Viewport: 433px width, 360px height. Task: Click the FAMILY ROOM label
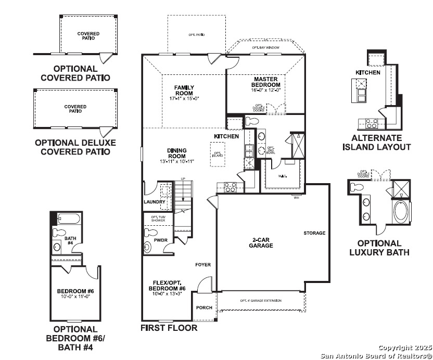pyautogui.click(x=184, y=90)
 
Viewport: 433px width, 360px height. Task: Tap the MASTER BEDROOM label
pyautogui.click(x=265, y=82)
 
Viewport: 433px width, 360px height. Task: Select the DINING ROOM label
pyautogui.click(x=177, y=153)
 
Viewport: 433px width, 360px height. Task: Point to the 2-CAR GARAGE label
pyautogui.click(x=261, y=243)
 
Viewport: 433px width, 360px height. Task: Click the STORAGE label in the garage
pyautogui.click(x=314, y=233)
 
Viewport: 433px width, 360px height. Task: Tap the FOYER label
pyautogui.click(x=203, y=265)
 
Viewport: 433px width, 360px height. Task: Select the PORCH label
pyautogui.click(x=204, y=307)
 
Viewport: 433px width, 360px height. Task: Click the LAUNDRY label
pyautogui.click(x=155, y=202)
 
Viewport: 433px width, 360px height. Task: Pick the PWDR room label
pyautogui.click(x=161, y=240)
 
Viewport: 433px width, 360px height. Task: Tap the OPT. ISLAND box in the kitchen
pyautogui.click(x=218, y=155)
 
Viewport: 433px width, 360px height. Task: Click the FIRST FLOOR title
pyautogui.click(x=169, y=328)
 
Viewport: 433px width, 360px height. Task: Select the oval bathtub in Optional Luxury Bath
pyautogui.click(x=401, y=213)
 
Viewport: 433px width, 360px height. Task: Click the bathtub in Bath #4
pyautogui.click(x=67, y=218)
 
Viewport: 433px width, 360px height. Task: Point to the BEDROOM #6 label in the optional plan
pyautogui.click(x=75, y=291)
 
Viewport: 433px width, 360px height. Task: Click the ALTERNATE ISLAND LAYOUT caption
pyautogui.click(x=376, y=143)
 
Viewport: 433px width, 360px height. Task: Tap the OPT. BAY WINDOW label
pyautogui.click(x=265, y=47)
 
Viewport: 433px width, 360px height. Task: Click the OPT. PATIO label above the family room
pyautogui.click(x=196, y=35)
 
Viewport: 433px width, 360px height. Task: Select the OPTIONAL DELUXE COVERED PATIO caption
pyautogui.click(x=75, y=147)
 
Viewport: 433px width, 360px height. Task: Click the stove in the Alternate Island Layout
pyautogui.click(x=372, y=123)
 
